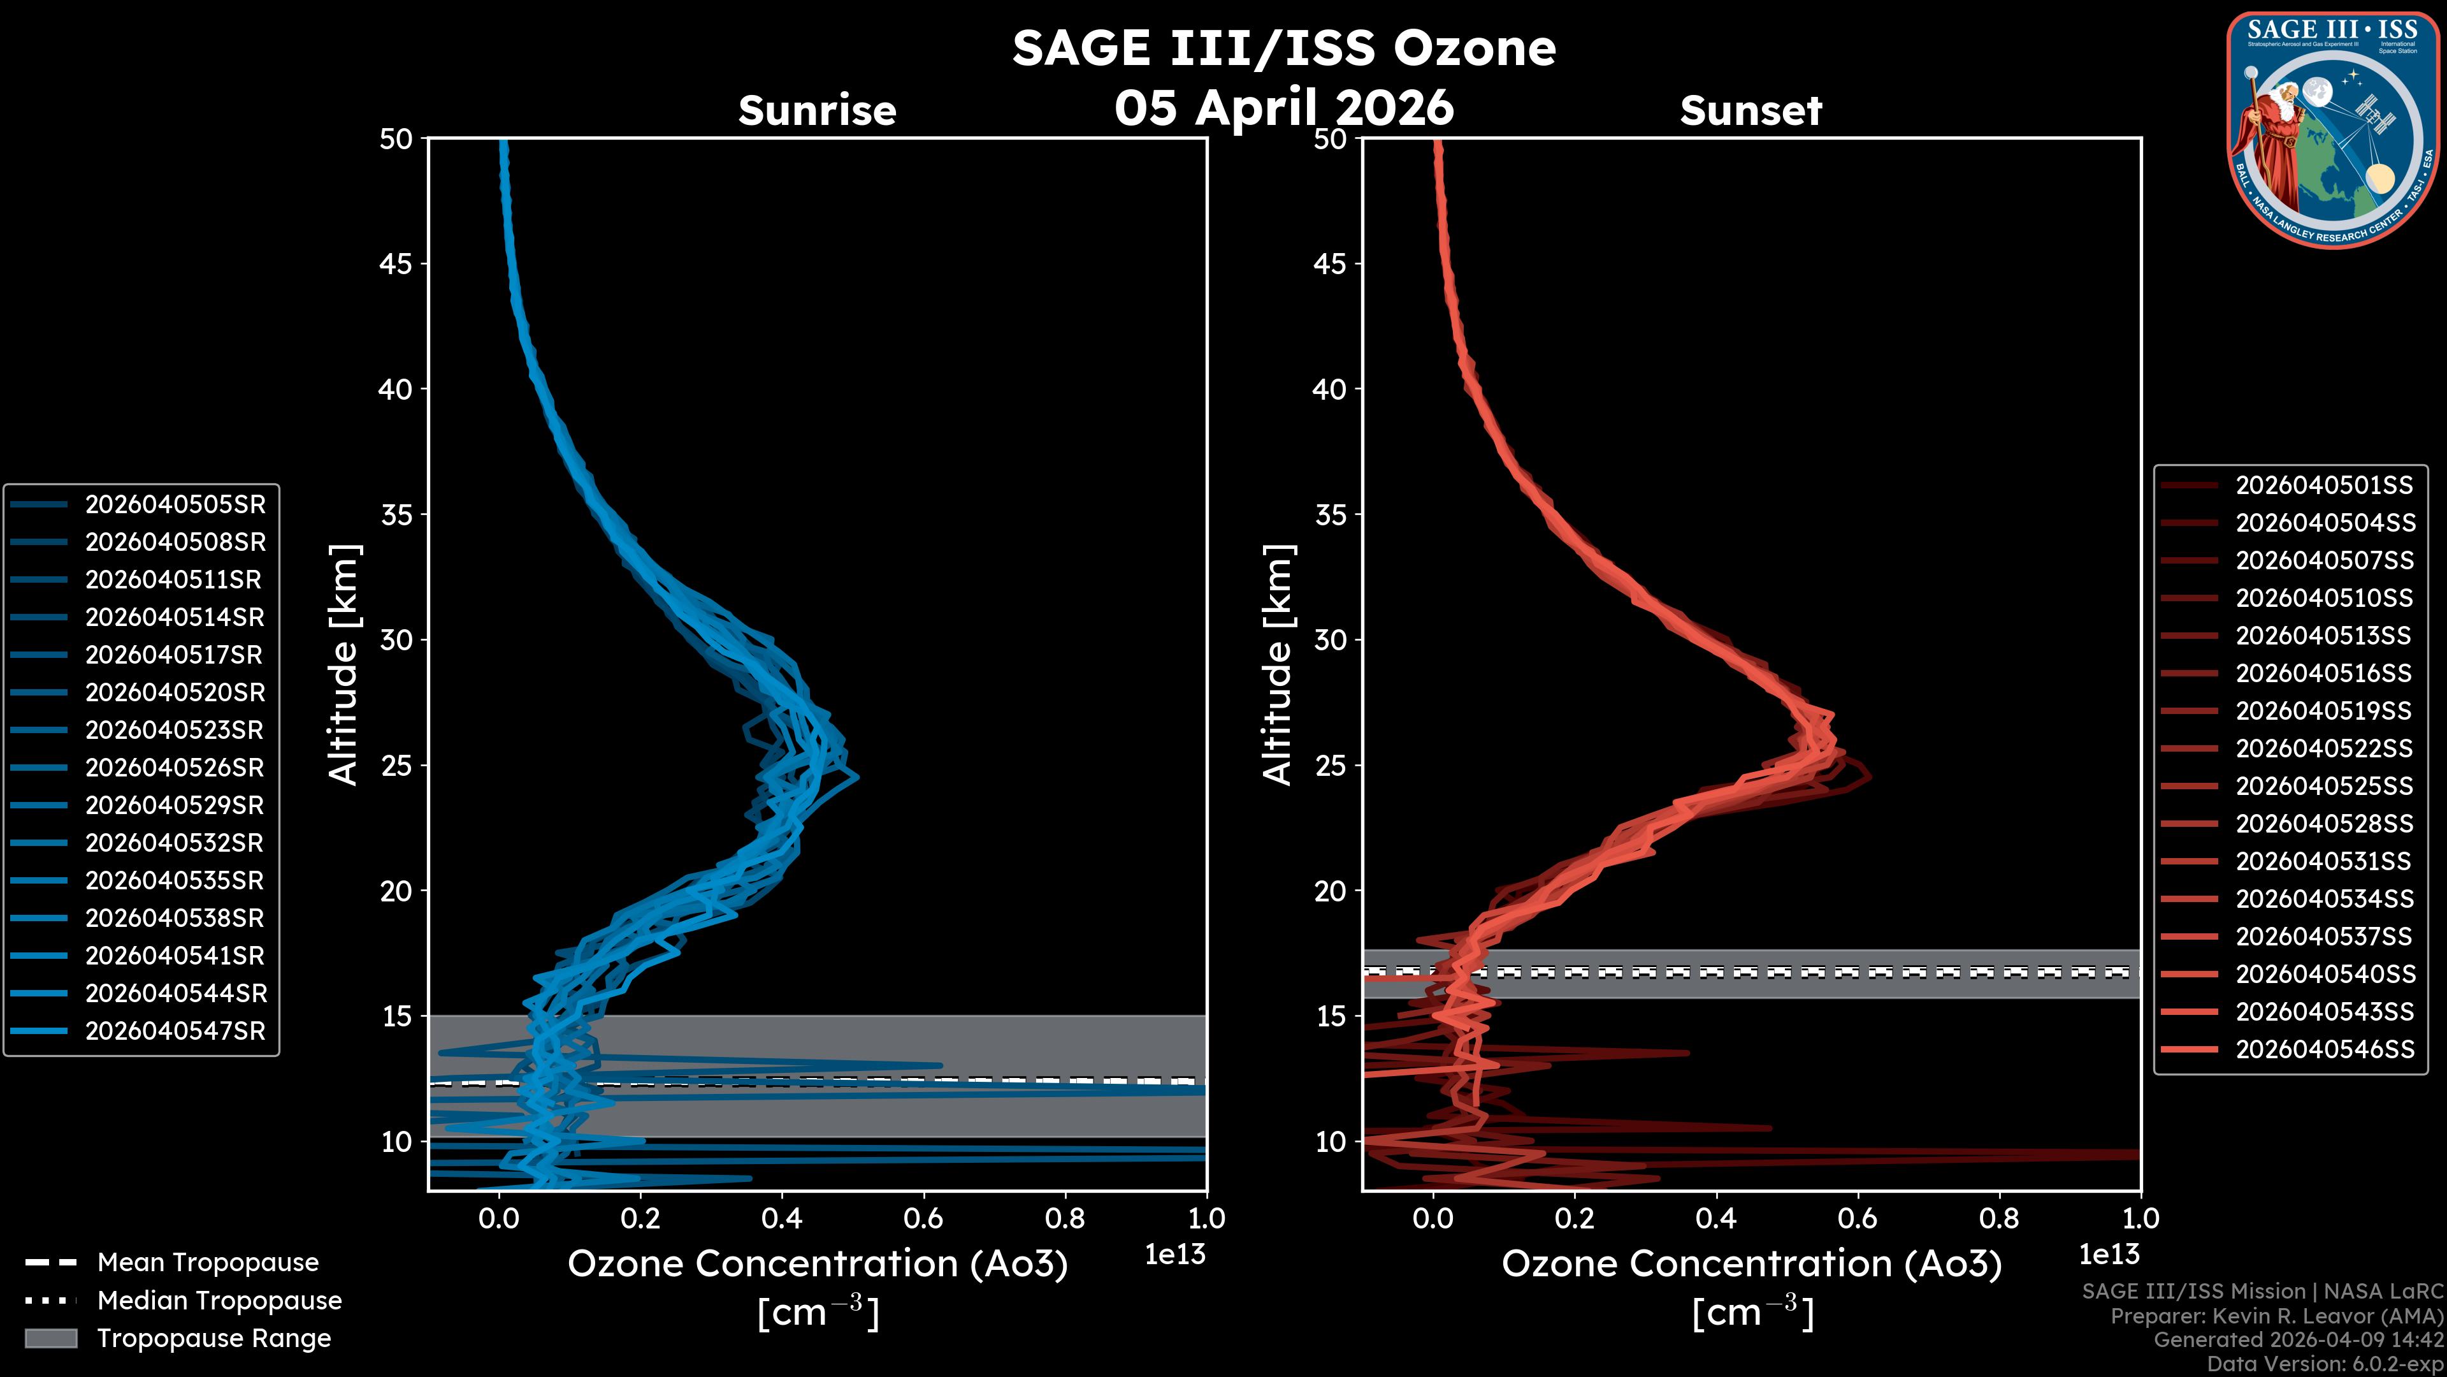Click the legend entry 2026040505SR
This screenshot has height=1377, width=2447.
(x=175, y=505)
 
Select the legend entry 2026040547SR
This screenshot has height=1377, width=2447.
(x=175, y=1031)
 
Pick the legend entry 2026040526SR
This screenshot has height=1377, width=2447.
(x=175, y=768)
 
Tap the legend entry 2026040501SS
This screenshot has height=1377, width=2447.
(x=2323, y=486)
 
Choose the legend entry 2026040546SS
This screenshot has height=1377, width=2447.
(x=2323, y=1049)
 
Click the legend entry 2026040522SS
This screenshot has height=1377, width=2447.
(x=2323, y=749)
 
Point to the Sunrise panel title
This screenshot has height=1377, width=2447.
(x=817, y=111)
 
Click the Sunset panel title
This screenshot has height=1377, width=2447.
(x=1750, y=111)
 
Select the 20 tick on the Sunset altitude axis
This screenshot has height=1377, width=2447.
(x=1330, y=891)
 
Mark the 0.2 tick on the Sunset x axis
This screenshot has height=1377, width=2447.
(x=1574, y=1218)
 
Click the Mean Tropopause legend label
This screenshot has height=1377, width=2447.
(x=208, y=1263)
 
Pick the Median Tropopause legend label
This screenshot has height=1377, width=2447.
(x=219, y=1301)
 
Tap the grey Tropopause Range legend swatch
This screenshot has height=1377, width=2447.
(x=50, y=1338)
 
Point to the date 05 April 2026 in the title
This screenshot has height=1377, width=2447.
(x=1284, y=107)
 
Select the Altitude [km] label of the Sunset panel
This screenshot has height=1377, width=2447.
(x=1278, y=665)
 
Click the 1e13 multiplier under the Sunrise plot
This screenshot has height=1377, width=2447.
(x=1175, y=1255)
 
